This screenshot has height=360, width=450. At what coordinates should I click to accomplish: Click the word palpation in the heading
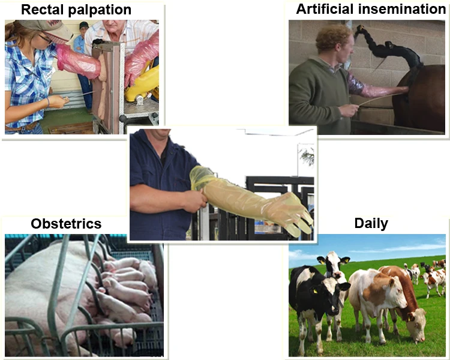pyautogui.click(x=100, y=10)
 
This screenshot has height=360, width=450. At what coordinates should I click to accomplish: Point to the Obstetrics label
pyautogui.click(x=66, y=224)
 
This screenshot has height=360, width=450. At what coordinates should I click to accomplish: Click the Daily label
pyautogui.click(x=371, y=224)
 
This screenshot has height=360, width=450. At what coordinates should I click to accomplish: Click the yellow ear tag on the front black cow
pyautogui.click(x=315, y=291)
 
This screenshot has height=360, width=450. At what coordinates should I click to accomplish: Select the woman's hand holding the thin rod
pyautogui.click(x=59, y=101)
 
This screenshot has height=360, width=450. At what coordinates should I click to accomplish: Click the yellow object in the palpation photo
pyautogui.click(x=143, y=83)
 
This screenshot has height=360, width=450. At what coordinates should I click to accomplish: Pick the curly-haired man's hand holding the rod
pyautogui.click(x=349, y=110)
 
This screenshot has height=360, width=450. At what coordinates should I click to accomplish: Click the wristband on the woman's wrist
pyautogui.click(x=48, y=102)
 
